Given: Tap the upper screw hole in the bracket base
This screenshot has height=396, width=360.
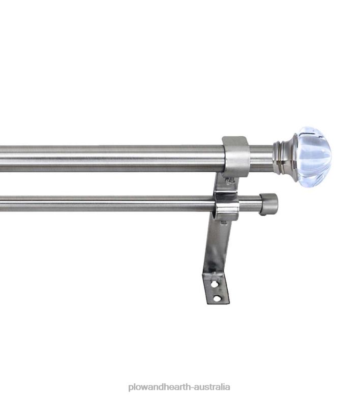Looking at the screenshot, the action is (x=214, y=284).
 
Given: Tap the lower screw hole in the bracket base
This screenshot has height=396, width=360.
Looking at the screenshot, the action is (x=217, y=299).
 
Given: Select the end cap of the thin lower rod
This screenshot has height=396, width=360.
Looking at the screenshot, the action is (x=268, y=204).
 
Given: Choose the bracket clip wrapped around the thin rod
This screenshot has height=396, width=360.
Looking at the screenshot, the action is (x=227, y=206).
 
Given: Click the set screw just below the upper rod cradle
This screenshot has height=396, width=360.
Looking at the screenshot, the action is (x=230, y=181).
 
